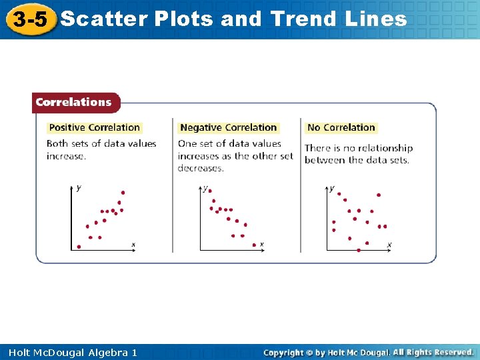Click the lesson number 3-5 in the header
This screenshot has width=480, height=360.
tap(29, 19)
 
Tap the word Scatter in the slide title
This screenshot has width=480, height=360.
tap(103, 19)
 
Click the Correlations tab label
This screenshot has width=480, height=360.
tap(73, 102)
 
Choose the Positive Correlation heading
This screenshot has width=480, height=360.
tap(95, 127)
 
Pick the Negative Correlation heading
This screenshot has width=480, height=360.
tap(228, 127)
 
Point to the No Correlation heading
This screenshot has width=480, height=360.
tap(341, 127)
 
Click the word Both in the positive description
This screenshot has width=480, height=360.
tap(57, 143)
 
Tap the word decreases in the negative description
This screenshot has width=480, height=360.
tap(201, 168)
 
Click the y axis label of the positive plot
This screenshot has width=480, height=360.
tap(79, 188)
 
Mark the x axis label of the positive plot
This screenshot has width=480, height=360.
tap(133, 245)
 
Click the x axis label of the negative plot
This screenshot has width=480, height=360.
tap(261, 245)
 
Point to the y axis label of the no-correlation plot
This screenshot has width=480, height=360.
tap(332, 188)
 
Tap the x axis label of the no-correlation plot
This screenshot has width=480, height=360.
tap(389, 245)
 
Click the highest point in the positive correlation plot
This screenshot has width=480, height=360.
tap(123, 193)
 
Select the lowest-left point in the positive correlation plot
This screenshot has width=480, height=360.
tap(79, 247)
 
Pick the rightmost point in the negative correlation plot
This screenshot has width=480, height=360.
tap(254, 245)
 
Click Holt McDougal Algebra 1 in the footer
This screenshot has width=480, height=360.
tap(73, 352)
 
